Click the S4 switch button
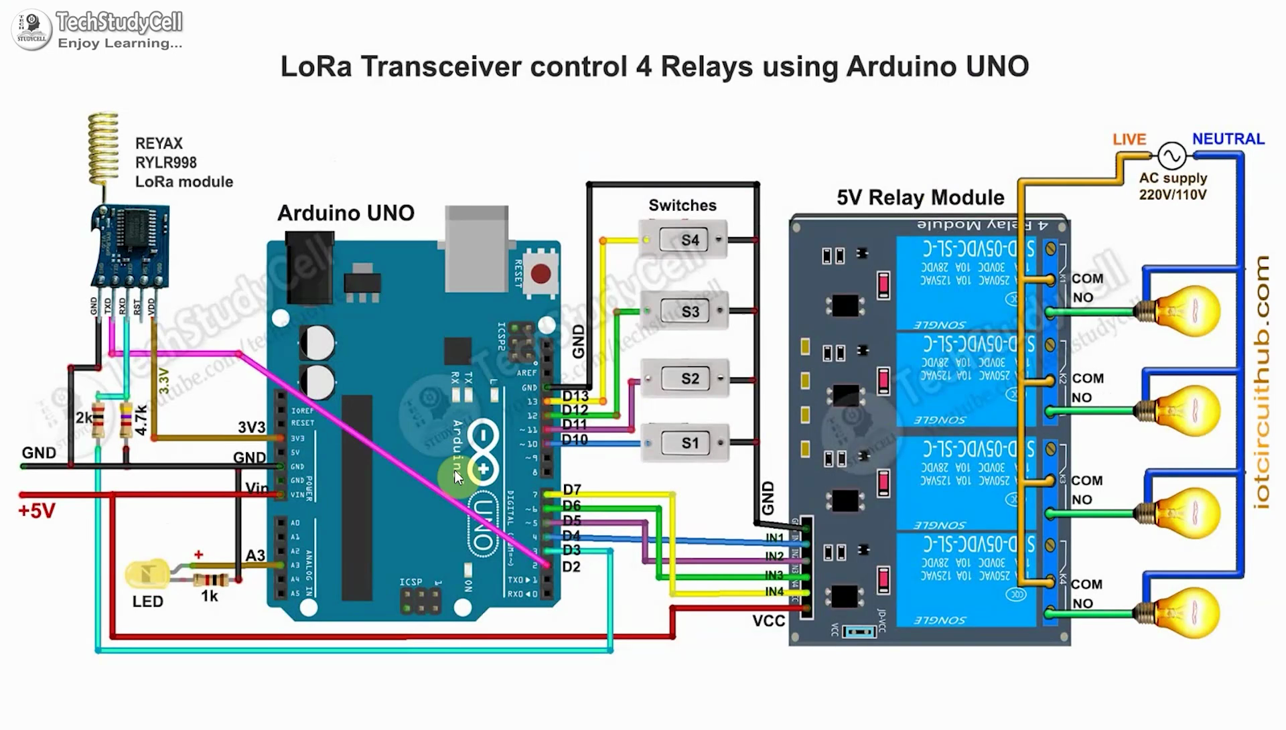click(690, 240)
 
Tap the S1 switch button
click(690, 443)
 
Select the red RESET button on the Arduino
click(541, 273)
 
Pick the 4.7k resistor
click(126, 419)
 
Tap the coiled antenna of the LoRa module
click(103, 147)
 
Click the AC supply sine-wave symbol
click(1172, 156)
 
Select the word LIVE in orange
click(1129, 139)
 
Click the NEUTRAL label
click(1228, 139)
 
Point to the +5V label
click(36, 511)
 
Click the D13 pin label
click(575, 396)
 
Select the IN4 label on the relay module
click(774, 591)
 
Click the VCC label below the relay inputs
click(768, 621)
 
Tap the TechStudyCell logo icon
click(31, 29)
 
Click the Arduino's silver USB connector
click(476, 248)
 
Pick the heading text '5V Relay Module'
click(920, 198)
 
